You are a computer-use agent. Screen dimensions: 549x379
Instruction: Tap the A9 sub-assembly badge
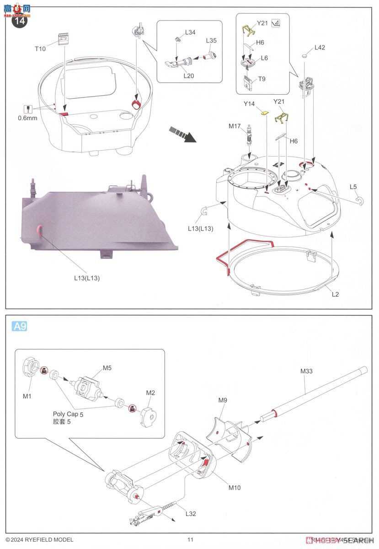pos(19,326)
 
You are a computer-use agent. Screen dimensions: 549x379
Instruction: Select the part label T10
pos(40,49)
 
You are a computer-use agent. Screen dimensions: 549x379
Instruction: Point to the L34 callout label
pos(190,33)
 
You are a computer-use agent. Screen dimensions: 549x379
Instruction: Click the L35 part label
pos(211,41)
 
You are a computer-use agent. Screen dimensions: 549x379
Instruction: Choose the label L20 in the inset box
pos(189,76)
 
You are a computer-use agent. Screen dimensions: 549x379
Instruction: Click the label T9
pos(262,79)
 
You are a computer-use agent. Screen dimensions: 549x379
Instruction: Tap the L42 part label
pos(320,48)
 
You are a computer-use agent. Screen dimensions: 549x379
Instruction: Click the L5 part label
pos(353,187)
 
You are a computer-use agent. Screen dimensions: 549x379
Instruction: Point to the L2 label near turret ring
pos(335,294)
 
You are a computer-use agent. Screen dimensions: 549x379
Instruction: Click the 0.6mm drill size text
pos(28,118)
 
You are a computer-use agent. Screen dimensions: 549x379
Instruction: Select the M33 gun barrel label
pos(306,371)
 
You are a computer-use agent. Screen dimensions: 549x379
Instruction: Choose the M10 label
pos(234,488)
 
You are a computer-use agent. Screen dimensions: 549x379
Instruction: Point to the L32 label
pos(190,514)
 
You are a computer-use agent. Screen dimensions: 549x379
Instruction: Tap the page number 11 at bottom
pos(190,540)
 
